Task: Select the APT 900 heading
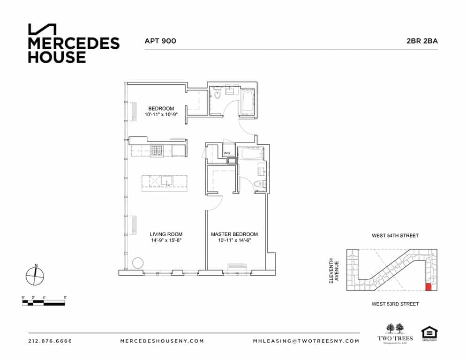160,41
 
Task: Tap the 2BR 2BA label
422,41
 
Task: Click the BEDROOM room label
161,109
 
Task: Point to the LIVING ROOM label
166,234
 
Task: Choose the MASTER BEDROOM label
234,234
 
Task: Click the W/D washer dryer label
226,153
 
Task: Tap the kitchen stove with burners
157,150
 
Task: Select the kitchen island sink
167,180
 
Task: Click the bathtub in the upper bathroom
247,100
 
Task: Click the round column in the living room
137,262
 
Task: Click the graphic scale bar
44,303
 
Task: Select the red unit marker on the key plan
428,287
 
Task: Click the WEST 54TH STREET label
395,236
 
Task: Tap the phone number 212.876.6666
50,341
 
